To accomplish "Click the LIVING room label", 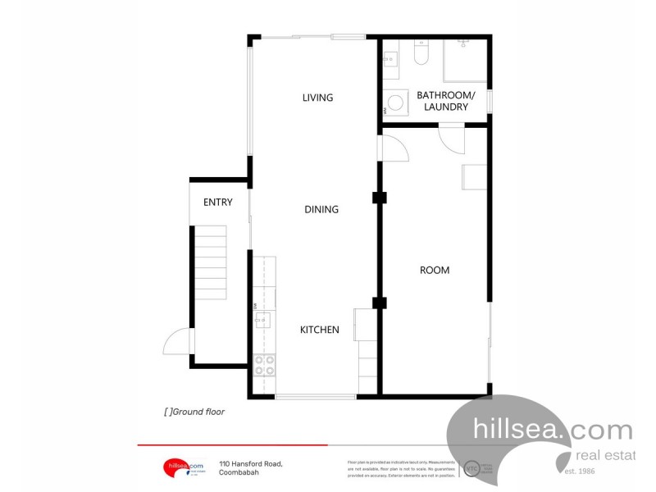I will [317, 98].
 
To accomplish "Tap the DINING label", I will [321, 209].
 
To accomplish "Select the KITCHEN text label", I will [319, 330].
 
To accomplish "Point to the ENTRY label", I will [218, 203].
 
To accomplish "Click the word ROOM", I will [434, 270].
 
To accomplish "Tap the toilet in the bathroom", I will [421, 54].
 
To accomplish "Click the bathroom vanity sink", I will [390, 58].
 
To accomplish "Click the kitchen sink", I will [263, 319].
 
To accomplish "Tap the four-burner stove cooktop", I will [264, 365].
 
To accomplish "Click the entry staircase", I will [210, 263].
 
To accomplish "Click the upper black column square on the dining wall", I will [379, 198].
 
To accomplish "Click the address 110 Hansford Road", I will [251, 464].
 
